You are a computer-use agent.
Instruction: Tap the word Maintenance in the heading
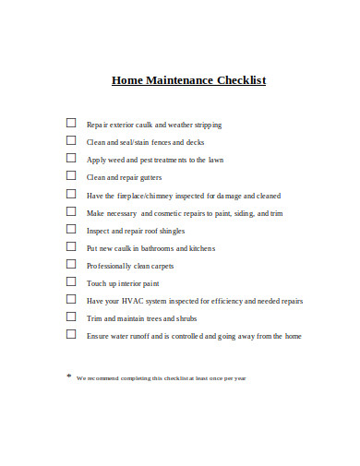point(182,80)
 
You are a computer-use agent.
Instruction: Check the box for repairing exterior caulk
point(71,123)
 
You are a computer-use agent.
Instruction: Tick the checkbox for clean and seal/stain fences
point(71,140)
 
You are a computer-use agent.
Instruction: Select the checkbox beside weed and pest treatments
point(71,158)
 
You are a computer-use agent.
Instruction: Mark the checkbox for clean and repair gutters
point(71,175)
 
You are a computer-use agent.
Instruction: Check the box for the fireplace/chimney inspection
point(71,194)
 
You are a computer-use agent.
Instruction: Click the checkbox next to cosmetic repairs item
point(71,211)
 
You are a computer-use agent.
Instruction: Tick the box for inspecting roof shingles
point(71,229)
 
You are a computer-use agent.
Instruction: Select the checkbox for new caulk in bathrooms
point(71,246)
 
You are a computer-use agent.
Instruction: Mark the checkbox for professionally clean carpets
point(71,264)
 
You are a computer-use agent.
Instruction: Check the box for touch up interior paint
point(71,281)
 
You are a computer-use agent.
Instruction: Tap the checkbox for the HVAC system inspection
point(71,299)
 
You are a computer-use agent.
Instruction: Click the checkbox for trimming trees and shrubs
point(71,317)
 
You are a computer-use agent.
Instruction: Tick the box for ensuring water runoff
point(71,334)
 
